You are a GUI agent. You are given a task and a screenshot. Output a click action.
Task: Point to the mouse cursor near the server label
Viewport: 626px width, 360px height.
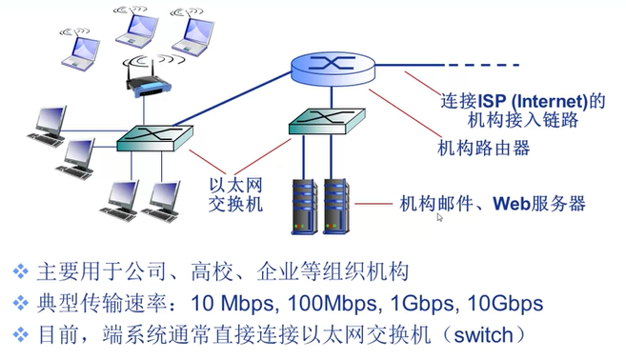(439, 218)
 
